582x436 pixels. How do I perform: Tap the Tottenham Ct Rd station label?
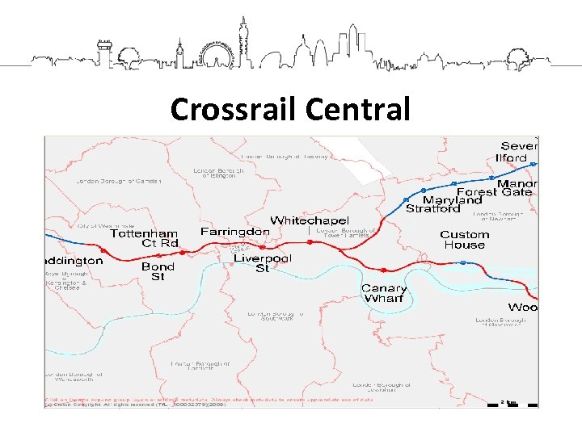point(144,238)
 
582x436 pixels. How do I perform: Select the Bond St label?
point(158,271)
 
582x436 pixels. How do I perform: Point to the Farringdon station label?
point(235,232)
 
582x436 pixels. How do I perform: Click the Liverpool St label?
point(263,263)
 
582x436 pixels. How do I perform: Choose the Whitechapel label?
point(310,220)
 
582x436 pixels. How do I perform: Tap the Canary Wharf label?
point(384,293)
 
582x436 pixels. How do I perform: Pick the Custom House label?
point(465,240)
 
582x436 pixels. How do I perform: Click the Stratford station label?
point(432,208)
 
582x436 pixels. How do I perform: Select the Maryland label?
point(452,199)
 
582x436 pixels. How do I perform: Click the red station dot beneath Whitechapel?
point(310,241)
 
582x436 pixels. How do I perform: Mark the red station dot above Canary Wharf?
point(385,270)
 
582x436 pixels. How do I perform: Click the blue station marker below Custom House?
point(462,262)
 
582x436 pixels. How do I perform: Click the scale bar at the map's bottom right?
point(507,401)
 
